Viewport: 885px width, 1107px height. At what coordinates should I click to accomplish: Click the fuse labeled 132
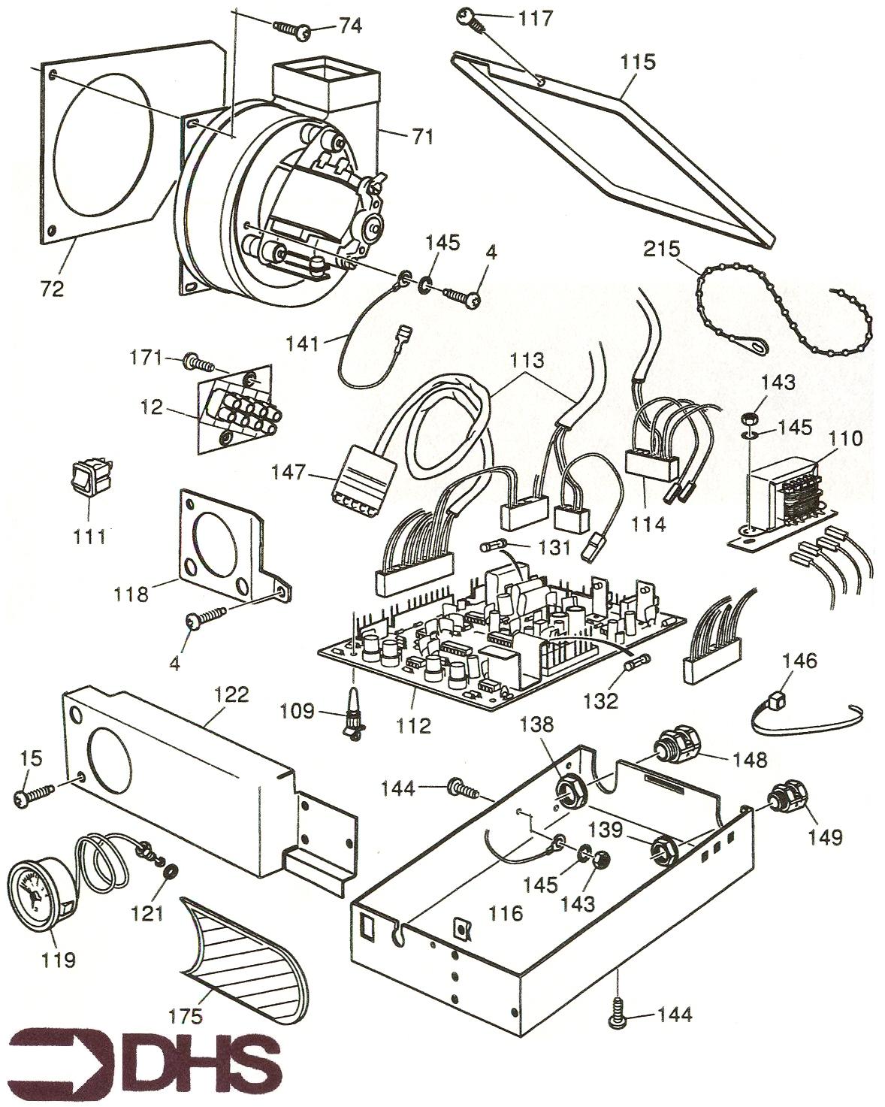click(638, 663)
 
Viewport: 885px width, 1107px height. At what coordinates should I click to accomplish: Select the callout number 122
click(231, 694)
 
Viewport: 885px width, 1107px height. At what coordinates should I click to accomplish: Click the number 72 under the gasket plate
click(53, 289)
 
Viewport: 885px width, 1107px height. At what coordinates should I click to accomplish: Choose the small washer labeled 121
click(171, 872)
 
